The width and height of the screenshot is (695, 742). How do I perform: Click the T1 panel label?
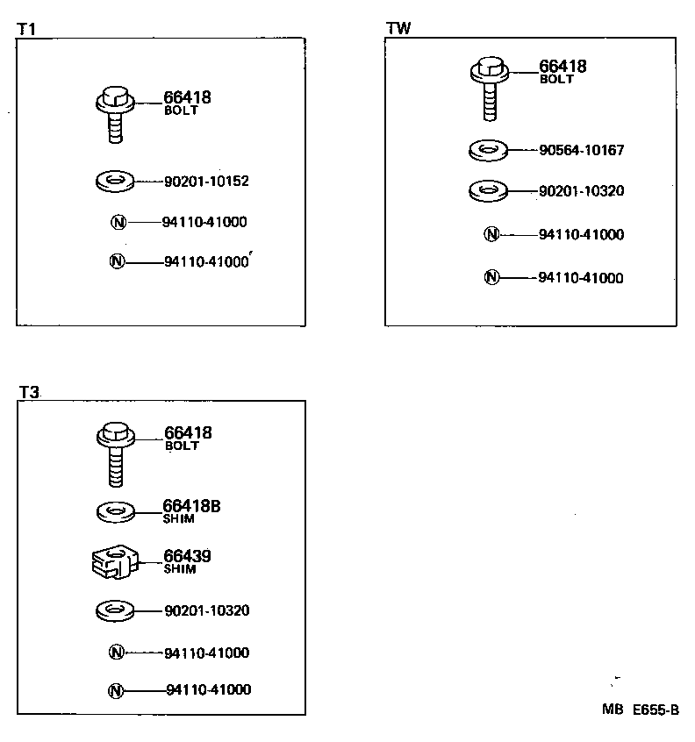click(26, 29)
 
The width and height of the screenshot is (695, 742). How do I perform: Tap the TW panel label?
click(398, 28)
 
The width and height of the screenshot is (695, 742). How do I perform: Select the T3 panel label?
click(29, 393)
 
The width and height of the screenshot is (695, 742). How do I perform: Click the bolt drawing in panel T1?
click(113, 113)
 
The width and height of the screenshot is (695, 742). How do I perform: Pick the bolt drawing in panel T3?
click(114, 453)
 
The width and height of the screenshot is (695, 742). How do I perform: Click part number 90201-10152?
click(206, 182)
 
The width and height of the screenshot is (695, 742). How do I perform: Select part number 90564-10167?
click(581, 150)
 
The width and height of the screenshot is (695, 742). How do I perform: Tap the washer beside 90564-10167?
click(488, 150)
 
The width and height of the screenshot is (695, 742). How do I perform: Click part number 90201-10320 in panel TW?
click(581, 190)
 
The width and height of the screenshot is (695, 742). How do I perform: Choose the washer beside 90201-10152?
click(113, 182)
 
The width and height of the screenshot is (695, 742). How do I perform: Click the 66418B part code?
click(191, 506)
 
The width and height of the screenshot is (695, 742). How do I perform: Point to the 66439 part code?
click(187, 556)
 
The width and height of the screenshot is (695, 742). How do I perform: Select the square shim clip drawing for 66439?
click(114, 561)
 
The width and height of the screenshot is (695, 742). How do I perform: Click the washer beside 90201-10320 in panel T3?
click(114, 610)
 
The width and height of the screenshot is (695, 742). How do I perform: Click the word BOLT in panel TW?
click(556, 79)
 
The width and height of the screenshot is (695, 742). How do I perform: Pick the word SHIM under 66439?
click(179, 568)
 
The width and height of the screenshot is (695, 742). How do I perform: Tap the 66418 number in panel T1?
click(187, 98)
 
